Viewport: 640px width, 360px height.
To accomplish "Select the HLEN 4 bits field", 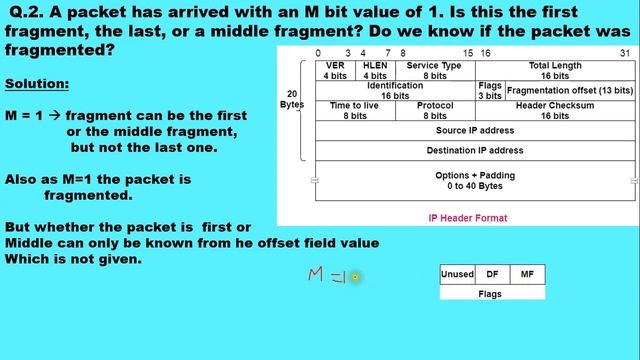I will [x=375, y=70].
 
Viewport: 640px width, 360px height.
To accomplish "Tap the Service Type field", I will [x=434, y=70].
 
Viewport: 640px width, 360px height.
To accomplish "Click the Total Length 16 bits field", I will [x=555, y=70].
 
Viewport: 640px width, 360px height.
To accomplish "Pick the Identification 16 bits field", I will [x=395, y=90].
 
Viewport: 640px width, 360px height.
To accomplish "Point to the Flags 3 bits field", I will [x=490, y=90].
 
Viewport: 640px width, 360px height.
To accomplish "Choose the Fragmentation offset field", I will [x=569, y=90].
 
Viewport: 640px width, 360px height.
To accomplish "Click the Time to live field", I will [x=354, y=110].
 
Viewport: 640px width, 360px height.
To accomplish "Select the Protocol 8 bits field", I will [x=434, y=110].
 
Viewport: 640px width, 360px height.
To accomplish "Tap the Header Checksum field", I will [x=555, y=110].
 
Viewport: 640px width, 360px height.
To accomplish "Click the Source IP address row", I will [x=475, y=130].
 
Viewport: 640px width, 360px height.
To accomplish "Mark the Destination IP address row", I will [x=475, y=150].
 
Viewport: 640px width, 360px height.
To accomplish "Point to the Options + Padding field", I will [x=475, y=181].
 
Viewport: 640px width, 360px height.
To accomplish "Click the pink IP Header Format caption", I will [x=467, y=218].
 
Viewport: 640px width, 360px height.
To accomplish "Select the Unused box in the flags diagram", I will [x=457, y=274].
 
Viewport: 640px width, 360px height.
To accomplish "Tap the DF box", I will [x=492, y=274].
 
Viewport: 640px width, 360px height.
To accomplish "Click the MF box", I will [x=527, y=274].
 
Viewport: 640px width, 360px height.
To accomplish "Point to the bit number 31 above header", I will [x=625, y=53].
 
